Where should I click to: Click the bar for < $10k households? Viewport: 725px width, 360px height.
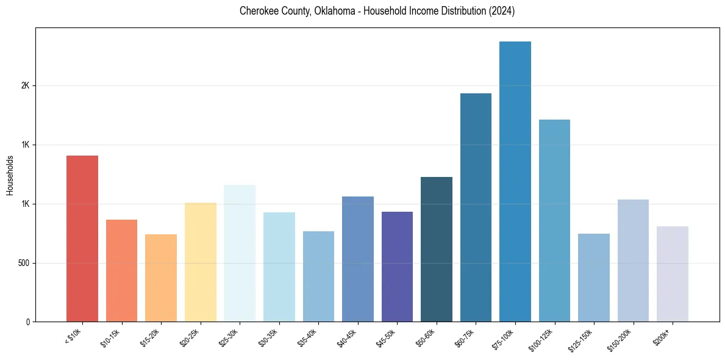(x=82, y=239)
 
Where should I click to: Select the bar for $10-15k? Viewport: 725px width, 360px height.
(x=121, y=270)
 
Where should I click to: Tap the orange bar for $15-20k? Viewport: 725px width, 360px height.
(x=161, y=278)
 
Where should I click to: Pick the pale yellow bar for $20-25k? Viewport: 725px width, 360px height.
(x=200, y=262)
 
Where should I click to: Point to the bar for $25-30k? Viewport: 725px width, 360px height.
(x=240, y=253)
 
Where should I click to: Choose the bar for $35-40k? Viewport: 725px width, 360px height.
(x=318, y=276)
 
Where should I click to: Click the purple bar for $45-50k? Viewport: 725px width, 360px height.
(x=397, y=267)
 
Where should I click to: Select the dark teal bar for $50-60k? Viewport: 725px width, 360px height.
(x=437, y=249)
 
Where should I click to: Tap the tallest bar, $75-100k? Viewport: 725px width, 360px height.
(x=515, y=181)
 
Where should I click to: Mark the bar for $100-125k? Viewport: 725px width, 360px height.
(x=554, y=220)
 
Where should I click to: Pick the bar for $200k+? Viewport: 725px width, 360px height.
(x=673, y=274)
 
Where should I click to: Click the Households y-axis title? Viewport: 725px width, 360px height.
(x=10, y=175)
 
